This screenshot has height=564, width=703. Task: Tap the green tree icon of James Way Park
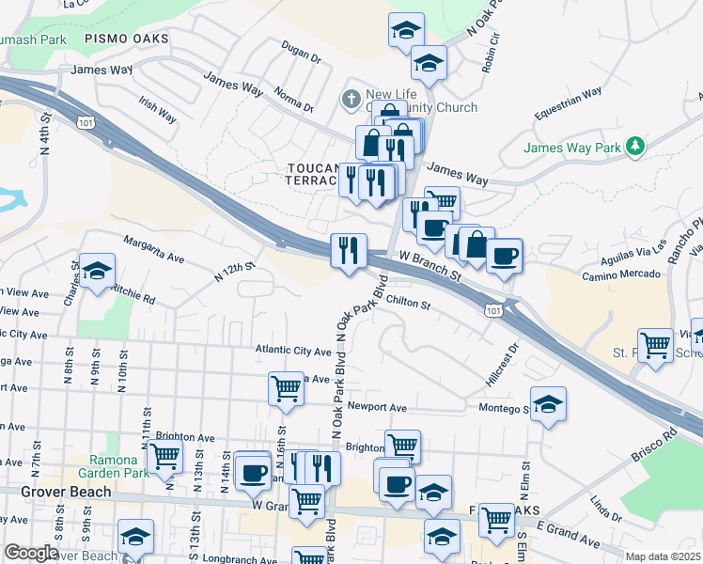click(637, 146)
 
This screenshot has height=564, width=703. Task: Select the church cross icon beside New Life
click(351, 98)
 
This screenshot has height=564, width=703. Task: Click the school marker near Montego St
click(548, 404)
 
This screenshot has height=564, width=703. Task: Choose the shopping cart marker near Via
click(655, 345)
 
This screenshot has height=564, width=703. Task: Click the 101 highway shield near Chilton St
click(494, 311)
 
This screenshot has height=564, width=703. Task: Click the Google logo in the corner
click(31, 554)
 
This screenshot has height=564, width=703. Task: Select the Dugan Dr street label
click(302, 51)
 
